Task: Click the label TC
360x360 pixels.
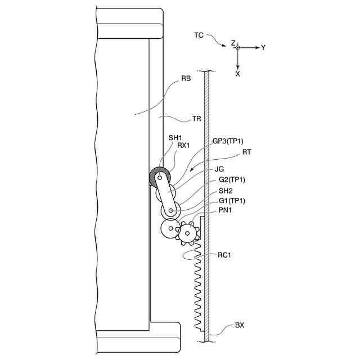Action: [x=199, y=35]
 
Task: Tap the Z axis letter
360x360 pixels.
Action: [x=233, y=42]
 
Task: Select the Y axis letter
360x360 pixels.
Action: [x=263, y=48]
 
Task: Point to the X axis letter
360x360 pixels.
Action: [x=238, y=74]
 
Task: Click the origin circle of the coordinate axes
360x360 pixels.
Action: [x=238, y=48]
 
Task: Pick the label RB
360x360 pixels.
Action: [x=186, y=79]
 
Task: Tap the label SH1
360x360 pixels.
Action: [x=175, y=137]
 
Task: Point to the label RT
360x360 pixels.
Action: [x=247, y=151]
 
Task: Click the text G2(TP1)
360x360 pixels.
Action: [x=232, y=180]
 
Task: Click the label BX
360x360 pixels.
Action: [x=240, y=325]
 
